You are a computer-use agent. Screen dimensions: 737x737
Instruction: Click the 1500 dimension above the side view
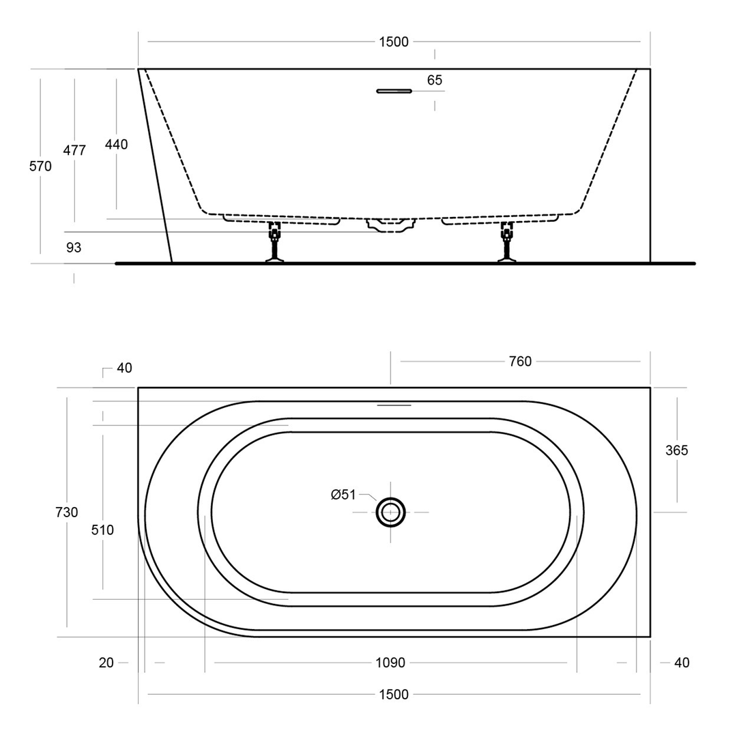394,42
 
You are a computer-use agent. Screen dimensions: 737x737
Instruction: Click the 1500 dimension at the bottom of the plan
394,695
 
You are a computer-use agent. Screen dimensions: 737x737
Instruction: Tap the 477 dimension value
74,150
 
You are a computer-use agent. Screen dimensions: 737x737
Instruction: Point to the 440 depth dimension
116,144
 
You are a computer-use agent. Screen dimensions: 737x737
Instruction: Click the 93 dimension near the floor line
74,248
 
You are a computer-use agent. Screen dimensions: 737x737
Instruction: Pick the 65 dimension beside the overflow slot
435,80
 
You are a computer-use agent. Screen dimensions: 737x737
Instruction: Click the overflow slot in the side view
394,90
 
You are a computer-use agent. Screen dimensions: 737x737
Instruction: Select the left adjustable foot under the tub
274,242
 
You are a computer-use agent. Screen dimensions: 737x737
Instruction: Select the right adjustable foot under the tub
506,242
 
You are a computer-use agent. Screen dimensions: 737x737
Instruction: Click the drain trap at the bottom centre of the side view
390,225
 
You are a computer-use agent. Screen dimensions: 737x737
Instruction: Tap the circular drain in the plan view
390,512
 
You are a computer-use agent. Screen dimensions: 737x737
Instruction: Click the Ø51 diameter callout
343,495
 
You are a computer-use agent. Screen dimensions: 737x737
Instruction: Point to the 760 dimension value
520,362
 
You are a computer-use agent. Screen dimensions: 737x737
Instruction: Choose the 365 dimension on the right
677,450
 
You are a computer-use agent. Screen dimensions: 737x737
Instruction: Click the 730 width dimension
67,512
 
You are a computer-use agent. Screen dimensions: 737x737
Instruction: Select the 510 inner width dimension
103,530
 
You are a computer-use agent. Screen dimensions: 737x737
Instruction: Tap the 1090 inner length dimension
390,663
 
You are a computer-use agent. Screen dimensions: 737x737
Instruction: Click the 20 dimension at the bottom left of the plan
106,663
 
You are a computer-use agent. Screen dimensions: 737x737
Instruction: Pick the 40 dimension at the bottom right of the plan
681,663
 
